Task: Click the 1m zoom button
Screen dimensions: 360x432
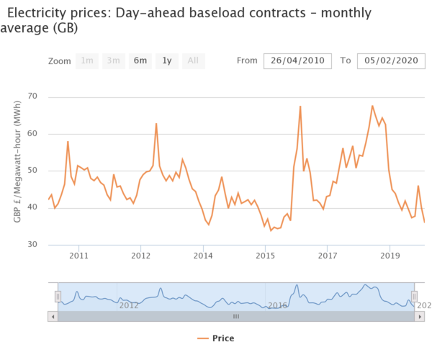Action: click(x=87, y=61)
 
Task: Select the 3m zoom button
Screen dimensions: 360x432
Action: click(x=113, y=61)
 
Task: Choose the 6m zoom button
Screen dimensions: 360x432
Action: click(x=140, y=61)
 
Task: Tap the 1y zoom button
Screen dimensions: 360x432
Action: click(x=167, y=61)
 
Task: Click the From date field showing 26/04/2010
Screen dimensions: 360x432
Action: click(x=297, y=60)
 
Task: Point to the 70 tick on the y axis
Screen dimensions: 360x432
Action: click(x=32, y=96)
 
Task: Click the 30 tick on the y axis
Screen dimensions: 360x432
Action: click(x=32, y=245)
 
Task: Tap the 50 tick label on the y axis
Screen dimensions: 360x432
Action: click(x=32, y=171)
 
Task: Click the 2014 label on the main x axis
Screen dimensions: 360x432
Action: click(x=204, y=256)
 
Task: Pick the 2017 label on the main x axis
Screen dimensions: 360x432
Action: click(x=328, y=256)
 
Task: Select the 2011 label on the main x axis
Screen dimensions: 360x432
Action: click(x=78, y=256)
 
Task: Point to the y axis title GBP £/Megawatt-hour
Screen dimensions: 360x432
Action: click(x=17, y=171)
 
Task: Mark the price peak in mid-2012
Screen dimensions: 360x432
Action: click(x=156, y=124)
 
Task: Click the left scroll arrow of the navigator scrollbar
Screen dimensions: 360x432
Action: click(x=53, y=316)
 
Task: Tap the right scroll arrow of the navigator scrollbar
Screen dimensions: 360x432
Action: click(x=419, y=316)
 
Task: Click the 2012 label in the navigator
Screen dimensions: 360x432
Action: click(x=128, y=305)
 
